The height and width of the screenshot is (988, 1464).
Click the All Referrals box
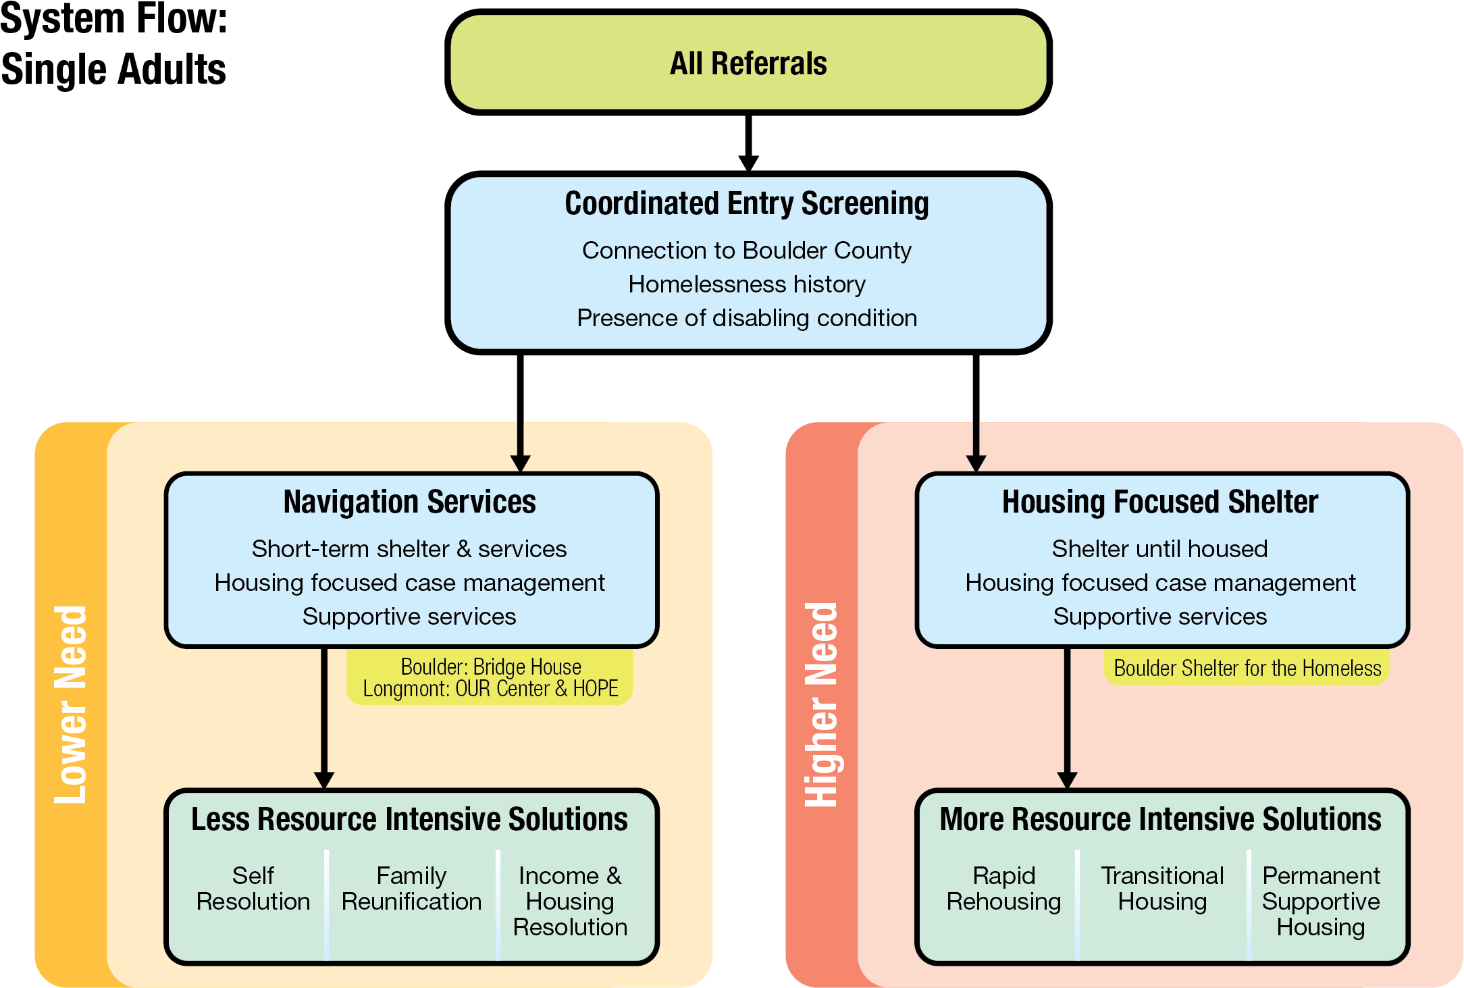click(748, 63)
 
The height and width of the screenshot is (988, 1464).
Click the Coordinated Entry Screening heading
click(747, 203)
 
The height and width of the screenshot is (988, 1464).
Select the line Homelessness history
click(747, 284)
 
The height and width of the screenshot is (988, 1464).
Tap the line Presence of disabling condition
click(747, 318)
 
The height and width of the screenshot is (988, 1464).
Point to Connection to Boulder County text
click(747, 251)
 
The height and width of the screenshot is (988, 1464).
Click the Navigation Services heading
click(409, 502)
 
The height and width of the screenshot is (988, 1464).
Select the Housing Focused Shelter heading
click(1159, 502)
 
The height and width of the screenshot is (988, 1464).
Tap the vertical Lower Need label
click(71, 704)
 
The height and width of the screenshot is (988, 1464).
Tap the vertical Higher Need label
click(822, 704)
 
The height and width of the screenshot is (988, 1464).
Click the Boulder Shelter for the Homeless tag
click(1247, 669)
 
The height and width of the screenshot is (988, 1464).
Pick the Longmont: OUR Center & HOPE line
click(490, 689)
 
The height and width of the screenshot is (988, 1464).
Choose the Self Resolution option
click(253, 889)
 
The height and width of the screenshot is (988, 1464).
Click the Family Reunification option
click(411, 889)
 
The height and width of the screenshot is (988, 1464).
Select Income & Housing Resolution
click(570, 901)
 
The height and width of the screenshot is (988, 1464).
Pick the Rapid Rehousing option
click(1003, 889)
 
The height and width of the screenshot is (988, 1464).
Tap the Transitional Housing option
click(1162, 889)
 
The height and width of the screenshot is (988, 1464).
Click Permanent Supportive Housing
click(1321, 901)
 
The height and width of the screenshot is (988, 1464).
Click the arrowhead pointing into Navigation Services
click(520, 463)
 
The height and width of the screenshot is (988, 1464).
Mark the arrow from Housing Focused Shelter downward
click(1067, 716)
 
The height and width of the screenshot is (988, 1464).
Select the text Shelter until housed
click(1159, 549)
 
